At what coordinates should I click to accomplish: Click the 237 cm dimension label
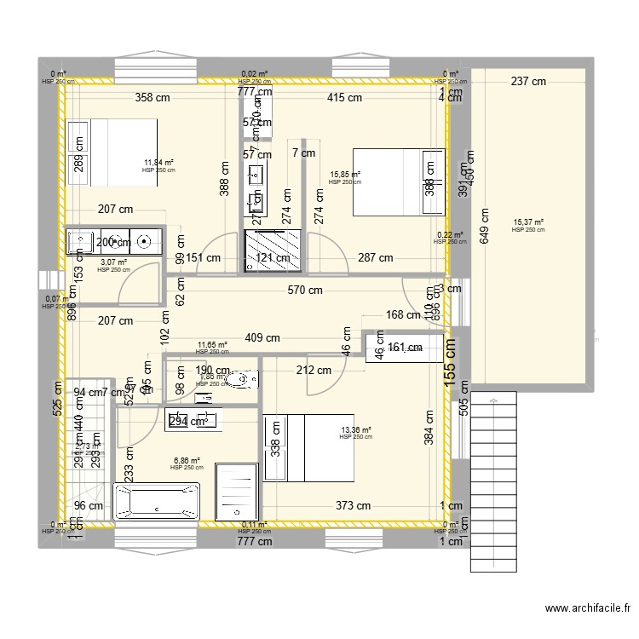click(528, 82)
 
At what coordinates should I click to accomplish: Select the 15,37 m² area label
click(528, 223)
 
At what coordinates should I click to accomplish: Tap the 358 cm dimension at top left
click(152, 98)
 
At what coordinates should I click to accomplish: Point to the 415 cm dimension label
click(344, 98)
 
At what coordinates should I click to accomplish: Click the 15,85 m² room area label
click(344, 175)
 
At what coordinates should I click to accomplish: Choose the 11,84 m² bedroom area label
click(158, 163)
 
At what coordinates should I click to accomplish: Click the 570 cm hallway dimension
click(304, 290)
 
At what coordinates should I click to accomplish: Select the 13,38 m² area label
click(355, 431)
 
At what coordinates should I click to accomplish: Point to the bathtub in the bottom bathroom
click(157, 503)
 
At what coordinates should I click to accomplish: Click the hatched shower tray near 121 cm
click(273, 249)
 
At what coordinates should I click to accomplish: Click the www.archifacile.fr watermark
click(587, 608)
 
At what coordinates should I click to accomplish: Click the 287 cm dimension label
click(375, 258)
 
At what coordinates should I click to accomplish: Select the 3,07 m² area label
click(113, 263)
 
